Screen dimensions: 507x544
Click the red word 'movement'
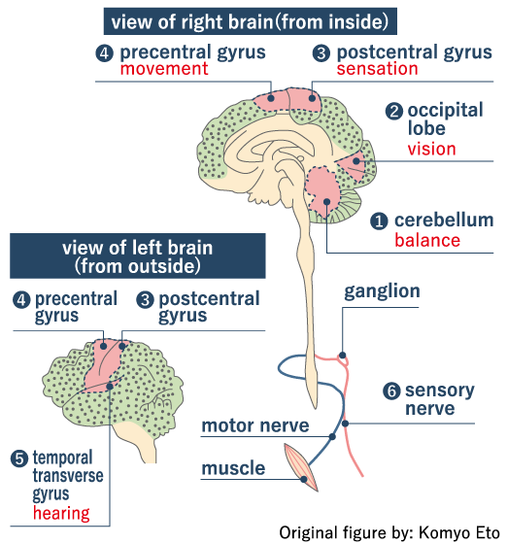pyautogui.click(x=164, y=69)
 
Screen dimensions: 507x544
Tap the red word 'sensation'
pyautogui.click(x=377, y=69)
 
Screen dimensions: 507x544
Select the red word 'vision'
pyautogui.click(x=431, y=149)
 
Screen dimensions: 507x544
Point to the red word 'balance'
pyautogui.click(x=427, y=240)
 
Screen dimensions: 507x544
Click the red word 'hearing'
pyautogui.click(x=61, y=514)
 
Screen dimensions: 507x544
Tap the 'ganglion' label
pyautogui.click(x=382, y=291)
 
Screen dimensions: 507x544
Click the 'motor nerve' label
pyautogui.click(x=255, y=425)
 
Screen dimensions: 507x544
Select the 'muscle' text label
pyautogui.click(x=233, y=468)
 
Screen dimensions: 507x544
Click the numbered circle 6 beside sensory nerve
pyautogui.click(x=391, y=391)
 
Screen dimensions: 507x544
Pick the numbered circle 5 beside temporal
pyautogui.click(x=19, y=459)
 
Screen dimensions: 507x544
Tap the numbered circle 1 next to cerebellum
pyautogui.click(x=379, y=221)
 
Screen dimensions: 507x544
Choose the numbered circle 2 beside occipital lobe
pyautogui.click(x=394, y=112)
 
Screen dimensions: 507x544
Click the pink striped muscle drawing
pyautogui.click(x=300, y=467)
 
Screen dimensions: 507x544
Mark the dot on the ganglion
pyautogui.click(x=342, y=355)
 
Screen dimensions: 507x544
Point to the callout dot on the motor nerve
pyautogui.click(x=332, y=436)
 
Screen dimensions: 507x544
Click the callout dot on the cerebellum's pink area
pyautogui.click(x=326, y=202)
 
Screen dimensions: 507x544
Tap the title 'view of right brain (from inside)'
pyautogui.click(x=250, y=21)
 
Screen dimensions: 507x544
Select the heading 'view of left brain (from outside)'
pyautogui.click(x=138, y=256)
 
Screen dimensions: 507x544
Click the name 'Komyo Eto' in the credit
pyautogui.click(x=458, y=533)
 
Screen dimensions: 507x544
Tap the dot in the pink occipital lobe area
pyautogui.click(x=356, y=161)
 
